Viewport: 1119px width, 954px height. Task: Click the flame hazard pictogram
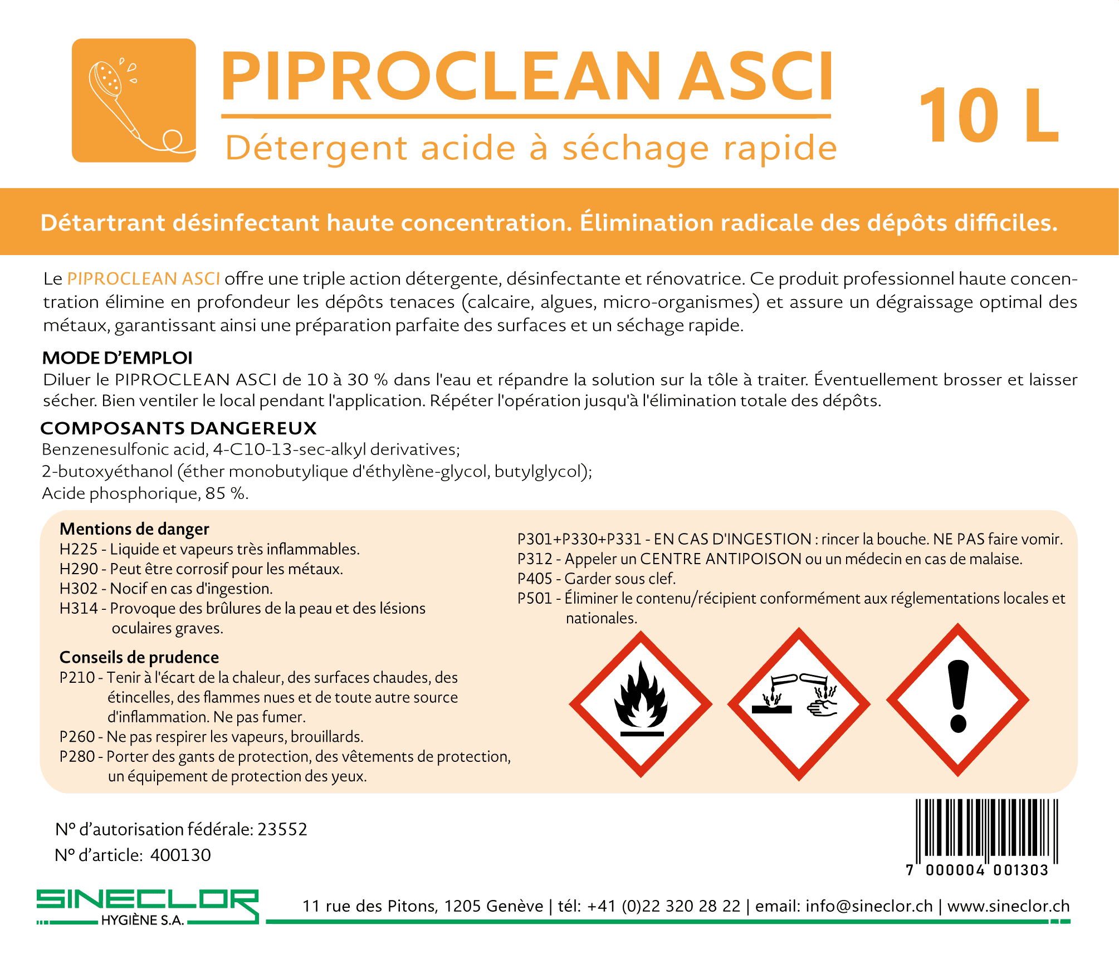point(641,704)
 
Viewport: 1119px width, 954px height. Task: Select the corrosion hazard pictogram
point(799,704)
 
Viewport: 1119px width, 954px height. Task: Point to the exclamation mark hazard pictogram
point(957,700)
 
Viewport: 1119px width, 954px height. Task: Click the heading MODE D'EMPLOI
point(118,358)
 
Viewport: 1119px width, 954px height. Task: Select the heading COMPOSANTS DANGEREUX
point(179,428)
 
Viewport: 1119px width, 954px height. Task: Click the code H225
point(79,549)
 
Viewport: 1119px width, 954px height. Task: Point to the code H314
point(79,608)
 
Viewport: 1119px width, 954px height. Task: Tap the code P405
point(535,579)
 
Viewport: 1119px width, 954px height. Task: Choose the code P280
point(77,756)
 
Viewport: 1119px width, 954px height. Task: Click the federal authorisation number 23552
point(282,829)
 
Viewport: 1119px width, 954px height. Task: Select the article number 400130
point(180,855)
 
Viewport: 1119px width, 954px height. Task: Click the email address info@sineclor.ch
point(869,906)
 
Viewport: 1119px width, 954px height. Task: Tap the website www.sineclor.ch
point(1008,906)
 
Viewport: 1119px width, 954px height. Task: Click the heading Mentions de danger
point(134,529)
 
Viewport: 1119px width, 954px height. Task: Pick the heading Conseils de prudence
point(139,657)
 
